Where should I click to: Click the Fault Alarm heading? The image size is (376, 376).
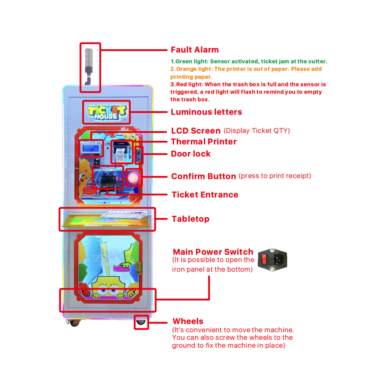pyautogui.click(x=195, y=50)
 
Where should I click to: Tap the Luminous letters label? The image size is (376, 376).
pyautogui.click(x=206, y=112)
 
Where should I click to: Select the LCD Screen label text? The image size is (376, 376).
pyautogui.click(x=196, y=131)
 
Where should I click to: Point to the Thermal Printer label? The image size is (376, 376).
pyautogui.click(x=204, y=142)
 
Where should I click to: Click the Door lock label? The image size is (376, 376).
pyautogui.click(x=191, y=154)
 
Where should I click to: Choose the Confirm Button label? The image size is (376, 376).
pyautogui.click(x=203, y=176)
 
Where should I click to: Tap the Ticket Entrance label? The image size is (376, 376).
pyautogui.click(x=205, y=195)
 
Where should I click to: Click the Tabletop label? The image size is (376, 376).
pyautogui.click(x=191, y=219)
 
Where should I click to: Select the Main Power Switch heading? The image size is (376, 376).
pyautogui.click(x=213, y=252)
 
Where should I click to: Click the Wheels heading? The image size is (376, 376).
pyautogui.click(x=188, y=321)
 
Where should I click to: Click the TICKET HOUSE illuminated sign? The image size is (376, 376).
pyautogui.click(x=107, y=112)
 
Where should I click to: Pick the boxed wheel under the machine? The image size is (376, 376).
pyautogui.click(x=141, y=323)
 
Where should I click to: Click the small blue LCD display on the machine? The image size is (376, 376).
pyautogui.click(x=91, y=147)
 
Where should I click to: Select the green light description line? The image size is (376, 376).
pyautogui.click(x=249, y=61)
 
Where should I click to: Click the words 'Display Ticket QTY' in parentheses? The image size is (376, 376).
pyautogui.click(x=257, y=131)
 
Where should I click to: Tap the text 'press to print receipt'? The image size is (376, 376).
pyautogui.click(x=275, y=176)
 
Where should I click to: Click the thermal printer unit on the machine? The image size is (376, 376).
pyautogui.click(x=121, y=152)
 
